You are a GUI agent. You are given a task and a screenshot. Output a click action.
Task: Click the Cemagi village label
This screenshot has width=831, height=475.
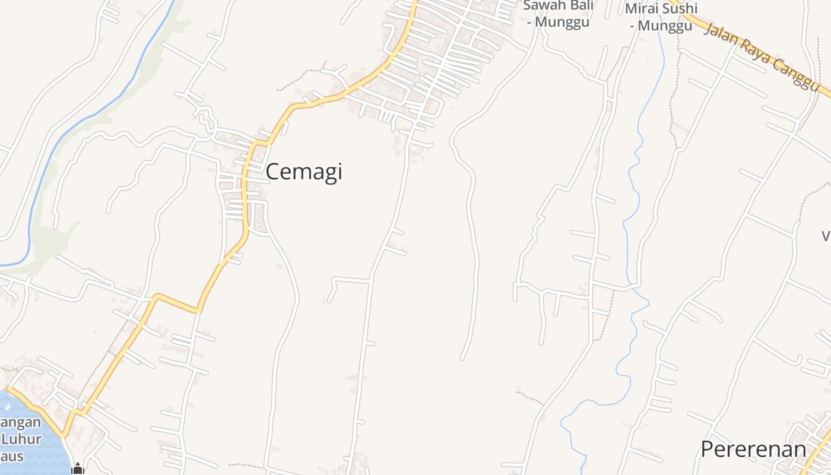(x=303, y=172)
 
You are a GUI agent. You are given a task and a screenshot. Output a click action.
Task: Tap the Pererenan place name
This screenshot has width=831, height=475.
(x=753, y=449)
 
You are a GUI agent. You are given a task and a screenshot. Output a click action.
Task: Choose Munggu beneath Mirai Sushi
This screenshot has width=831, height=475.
(x=667, y=26)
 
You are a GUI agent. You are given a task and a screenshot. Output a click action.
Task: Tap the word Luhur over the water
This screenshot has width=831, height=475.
(x=21, y=440)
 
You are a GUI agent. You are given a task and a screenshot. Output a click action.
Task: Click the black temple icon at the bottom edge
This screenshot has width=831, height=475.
(x=77, y=469)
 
